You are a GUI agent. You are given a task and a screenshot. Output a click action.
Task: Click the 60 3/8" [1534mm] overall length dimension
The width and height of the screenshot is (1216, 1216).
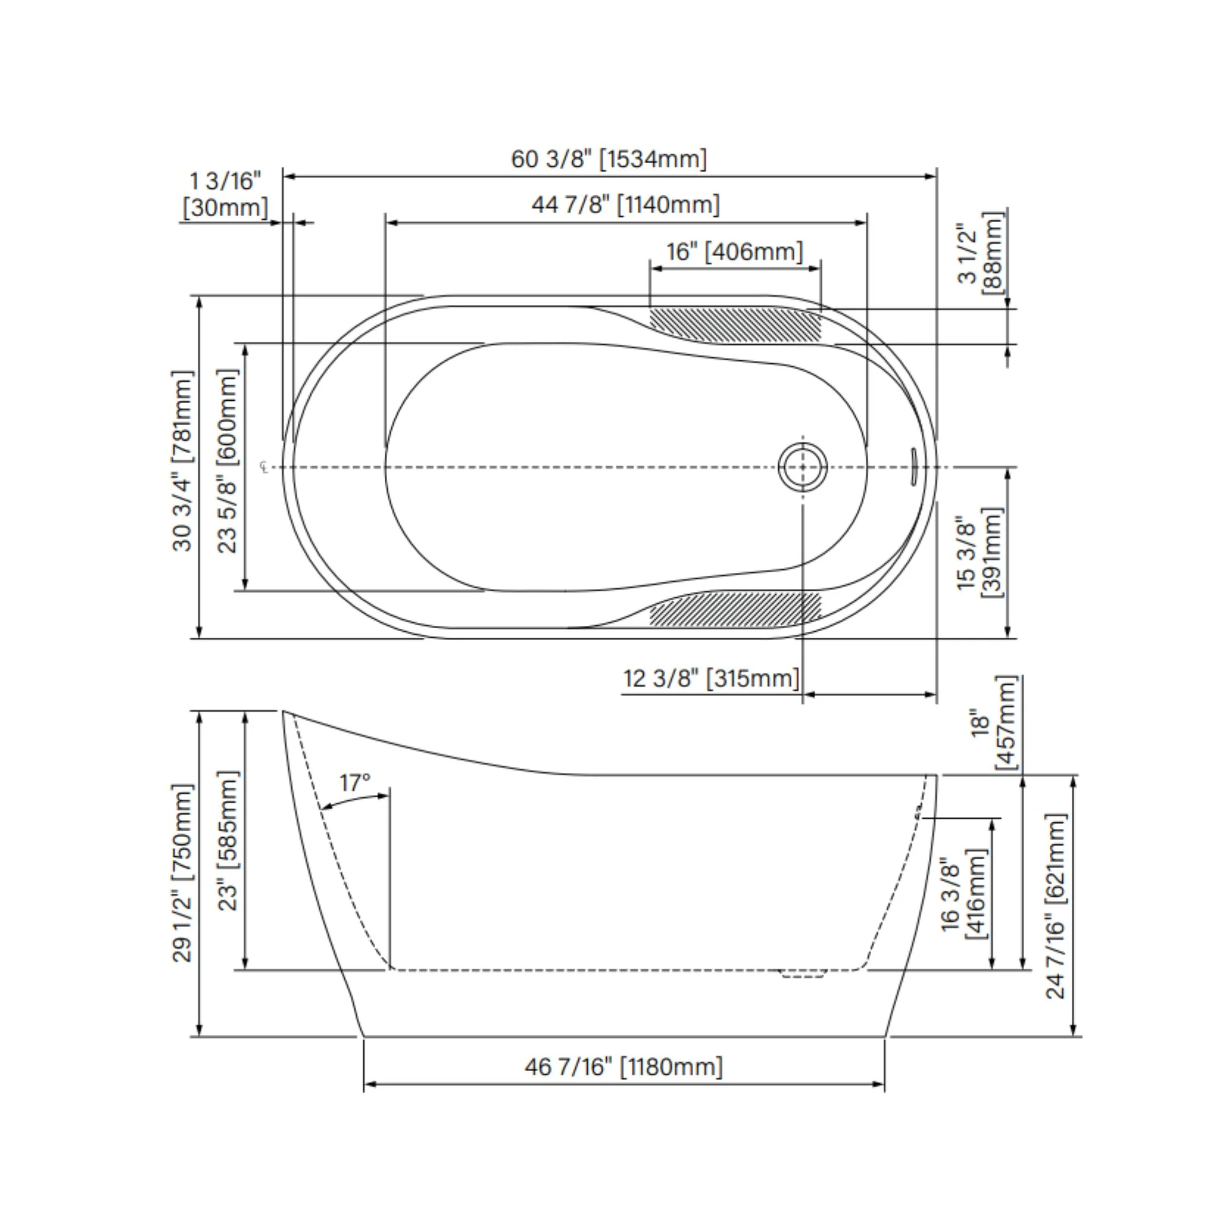[x=609, y=159]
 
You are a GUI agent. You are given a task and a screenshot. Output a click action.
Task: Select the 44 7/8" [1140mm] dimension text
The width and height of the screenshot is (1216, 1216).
[x=626, y=205]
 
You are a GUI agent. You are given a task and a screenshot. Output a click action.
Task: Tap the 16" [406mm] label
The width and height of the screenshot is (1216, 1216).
[x=735, y=252]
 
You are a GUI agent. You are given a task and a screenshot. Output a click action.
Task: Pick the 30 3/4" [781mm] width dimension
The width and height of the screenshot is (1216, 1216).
[x=182, y=461]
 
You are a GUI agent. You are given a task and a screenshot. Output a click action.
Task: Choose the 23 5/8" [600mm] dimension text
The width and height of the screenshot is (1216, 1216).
[x=227, y=461]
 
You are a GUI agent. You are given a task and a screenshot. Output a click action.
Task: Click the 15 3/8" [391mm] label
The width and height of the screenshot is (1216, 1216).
[x=978, y=553]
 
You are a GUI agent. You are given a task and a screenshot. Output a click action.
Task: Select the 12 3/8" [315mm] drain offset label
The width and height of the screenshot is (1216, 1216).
[x=711, y=679]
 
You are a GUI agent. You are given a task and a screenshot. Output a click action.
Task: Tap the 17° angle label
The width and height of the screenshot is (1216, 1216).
[x=355, y=783]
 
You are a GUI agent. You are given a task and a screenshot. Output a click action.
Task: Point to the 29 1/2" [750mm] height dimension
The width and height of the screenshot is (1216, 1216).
[x=182, y=873]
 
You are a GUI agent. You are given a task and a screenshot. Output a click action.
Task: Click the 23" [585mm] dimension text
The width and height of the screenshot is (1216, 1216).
[x=228, y=841]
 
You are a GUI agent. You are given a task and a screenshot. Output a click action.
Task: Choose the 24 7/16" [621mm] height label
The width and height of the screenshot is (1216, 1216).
[x=1056, y=906]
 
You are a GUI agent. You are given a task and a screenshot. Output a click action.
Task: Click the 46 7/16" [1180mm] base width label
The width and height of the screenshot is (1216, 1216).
[x=624, y=1067]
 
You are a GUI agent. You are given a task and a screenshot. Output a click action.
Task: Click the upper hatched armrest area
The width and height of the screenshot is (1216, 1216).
[x=735, y=325]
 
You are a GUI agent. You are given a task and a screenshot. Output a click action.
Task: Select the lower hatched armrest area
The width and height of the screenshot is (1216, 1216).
[x=735, y=609]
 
